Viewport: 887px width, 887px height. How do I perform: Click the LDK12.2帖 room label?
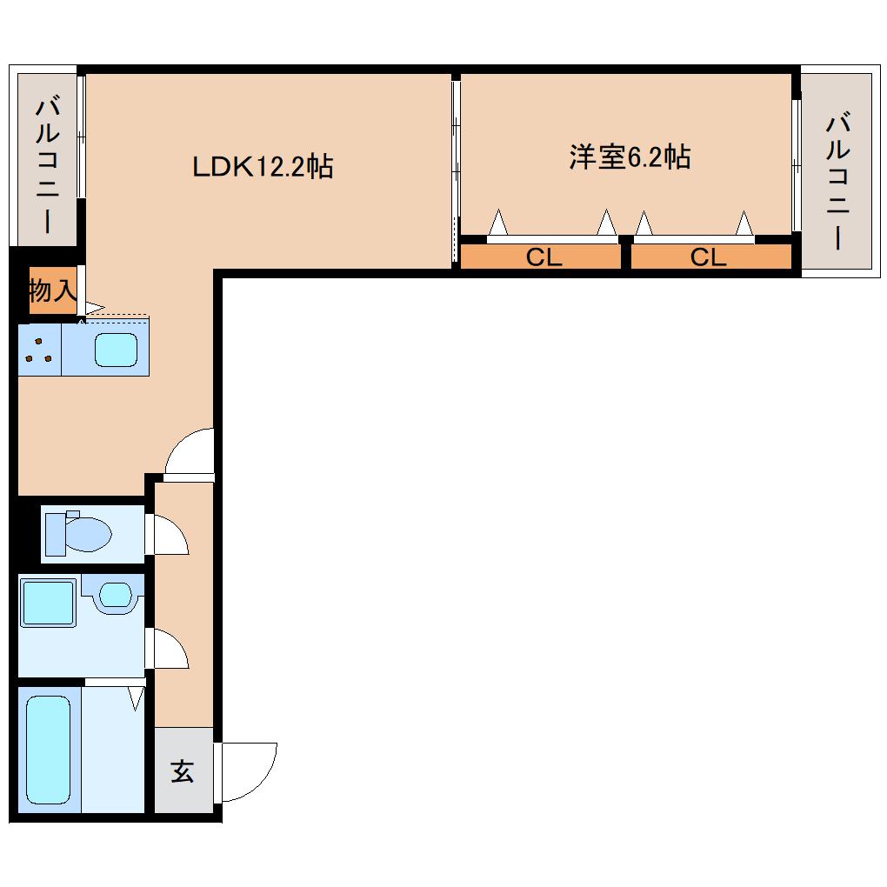262,166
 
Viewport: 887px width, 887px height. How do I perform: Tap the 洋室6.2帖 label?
630,157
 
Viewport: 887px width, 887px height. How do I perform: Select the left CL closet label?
544,257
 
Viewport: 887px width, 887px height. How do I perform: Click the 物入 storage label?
52,290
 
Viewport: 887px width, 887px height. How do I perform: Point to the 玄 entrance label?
183,771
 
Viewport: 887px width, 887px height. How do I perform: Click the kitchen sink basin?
116,349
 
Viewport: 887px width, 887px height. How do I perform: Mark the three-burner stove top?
39,349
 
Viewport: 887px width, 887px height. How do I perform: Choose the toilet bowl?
87,533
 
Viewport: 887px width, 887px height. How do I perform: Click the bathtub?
48,750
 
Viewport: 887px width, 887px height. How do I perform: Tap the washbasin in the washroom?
115,596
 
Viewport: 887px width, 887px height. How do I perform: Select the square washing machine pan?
48,603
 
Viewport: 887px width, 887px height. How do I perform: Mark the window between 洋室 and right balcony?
795,157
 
